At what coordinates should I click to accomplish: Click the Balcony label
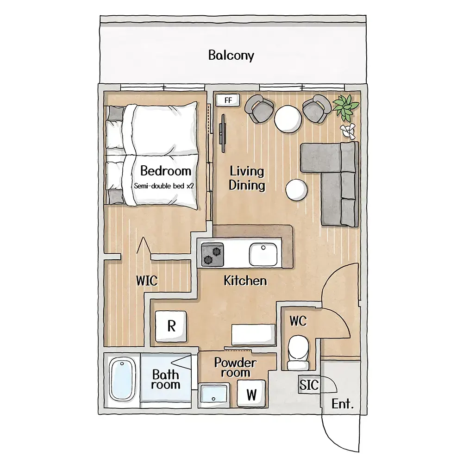(x=231, y=55)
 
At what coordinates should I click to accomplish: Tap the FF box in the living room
(x=228, y=100)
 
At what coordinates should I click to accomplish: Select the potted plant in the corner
(x=346, y=107)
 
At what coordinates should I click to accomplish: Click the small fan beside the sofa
(x=348, y=131)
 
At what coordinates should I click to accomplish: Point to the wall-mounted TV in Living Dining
(x=223, y=133)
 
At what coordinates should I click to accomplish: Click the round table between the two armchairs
(x=288, y=119)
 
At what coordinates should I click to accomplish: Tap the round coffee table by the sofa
(x=296, y=190)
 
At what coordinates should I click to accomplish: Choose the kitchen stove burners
(x=213, y=255)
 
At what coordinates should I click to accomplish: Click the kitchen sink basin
(x=263, y=254)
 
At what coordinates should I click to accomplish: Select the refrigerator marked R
(x=171, y=326)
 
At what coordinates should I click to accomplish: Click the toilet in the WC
(x=298, y=353)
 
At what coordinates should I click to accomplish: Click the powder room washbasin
(x=214, y=394)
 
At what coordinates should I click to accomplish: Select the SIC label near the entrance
(x=309, y=385)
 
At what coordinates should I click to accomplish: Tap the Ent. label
(x=343, y=404)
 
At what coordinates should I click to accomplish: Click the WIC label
(x=147, y=281)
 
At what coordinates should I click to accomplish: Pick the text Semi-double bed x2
(x=164, y=186)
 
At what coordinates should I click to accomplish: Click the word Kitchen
(x=245, y=281)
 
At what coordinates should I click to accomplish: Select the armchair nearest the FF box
(x=258, y=108)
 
